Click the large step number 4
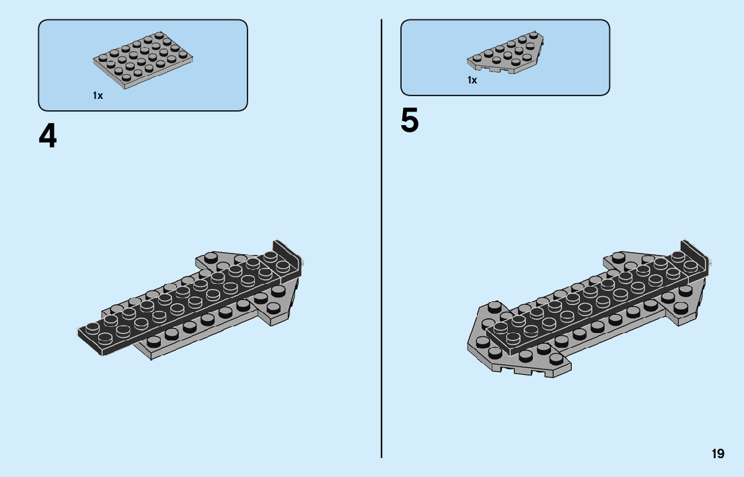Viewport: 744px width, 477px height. click(x=48, y=137)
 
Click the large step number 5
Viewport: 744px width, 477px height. click(x=410, y=121)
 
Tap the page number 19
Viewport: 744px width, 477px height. click(x=718, y=454)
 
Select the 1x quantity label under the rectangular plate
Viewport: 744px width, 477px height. click(x=98, y=96)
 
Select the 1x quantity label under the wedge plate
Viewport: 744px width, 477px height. click(x=472, y=80)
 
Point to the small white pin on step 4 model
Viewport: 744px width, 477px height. click(x=304, y=263)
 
